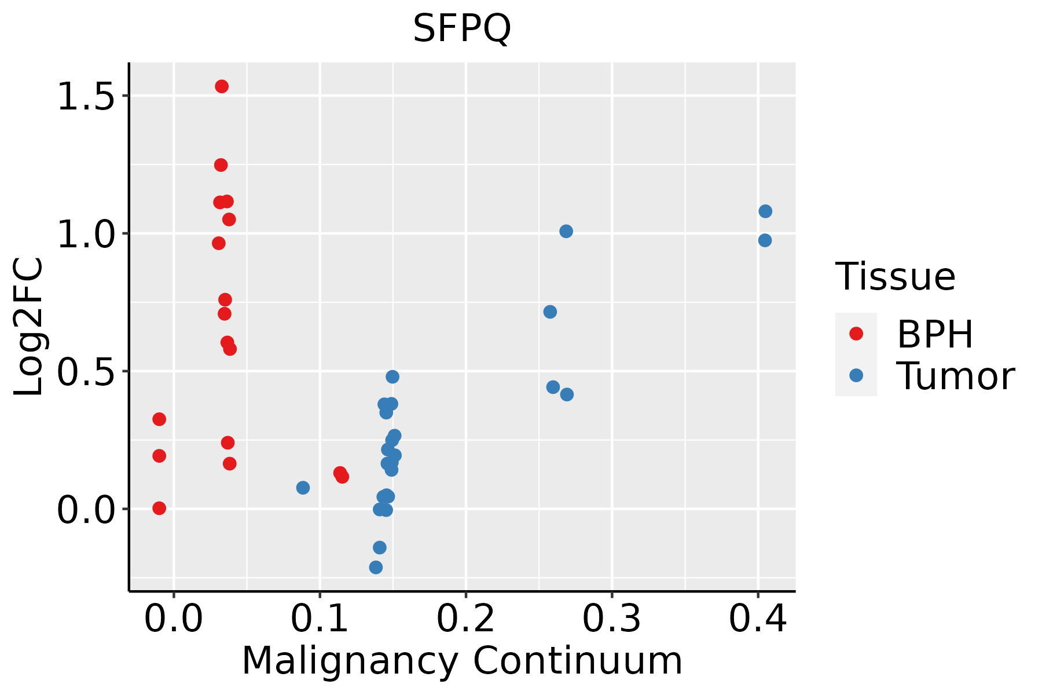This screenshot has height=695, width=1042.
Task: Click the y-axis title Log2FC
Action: pyautogui.click(x=29, y=327)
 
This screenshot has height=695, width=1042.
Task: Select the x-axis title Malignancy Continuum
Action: pyautogui.click(x=462, y=661)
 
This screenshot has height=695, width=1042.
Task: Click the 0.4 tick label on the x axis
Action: pyautogui.click(x=757, y=619)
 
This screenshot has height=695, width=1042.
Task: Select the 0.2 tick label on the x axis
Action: pyautogui.click(x=465, y=619)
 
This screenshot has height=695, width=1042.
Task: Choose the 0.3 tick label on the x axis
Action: pyautogui.click(x=611, y=619)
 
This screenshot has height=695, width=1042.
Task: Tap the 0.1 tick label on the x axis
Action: pyautogui.click(x=320, y=619)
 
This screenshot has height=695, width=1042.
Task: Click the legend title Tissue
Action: pyautogui.click(x=896, y=277)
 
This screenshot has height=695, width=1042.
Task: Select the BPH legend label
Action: pyautogui.click(x=935, y=334)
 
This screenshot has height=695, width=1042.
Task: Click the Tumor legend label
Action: pyautogui.click(x=955, y=376)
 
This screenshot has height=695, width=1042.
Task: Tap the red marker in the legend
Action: pyautogui.click(x=856, y=334)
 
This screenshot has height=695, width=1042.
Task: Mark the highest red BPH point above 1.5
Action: pyautogui.click(x=222, y=86)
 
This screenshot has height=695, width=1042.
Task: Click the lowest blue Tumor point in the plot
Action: pyautogui.click(x=376, y=567)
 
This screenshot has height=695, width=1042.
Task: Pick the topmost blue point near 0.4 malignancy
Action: pyautogui.click(x=765, y=211)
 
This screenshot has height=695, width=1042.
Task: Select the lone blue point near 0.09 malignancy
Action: pyautogui.click(x=303, y=488)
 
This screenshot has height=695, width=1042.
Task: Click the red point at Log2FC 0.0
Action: pyautogui.click(x=159, y=508)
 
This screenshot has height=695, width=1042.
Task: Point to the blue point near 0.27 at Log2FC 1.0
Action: pyautogui.click(x=566, y=231)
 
